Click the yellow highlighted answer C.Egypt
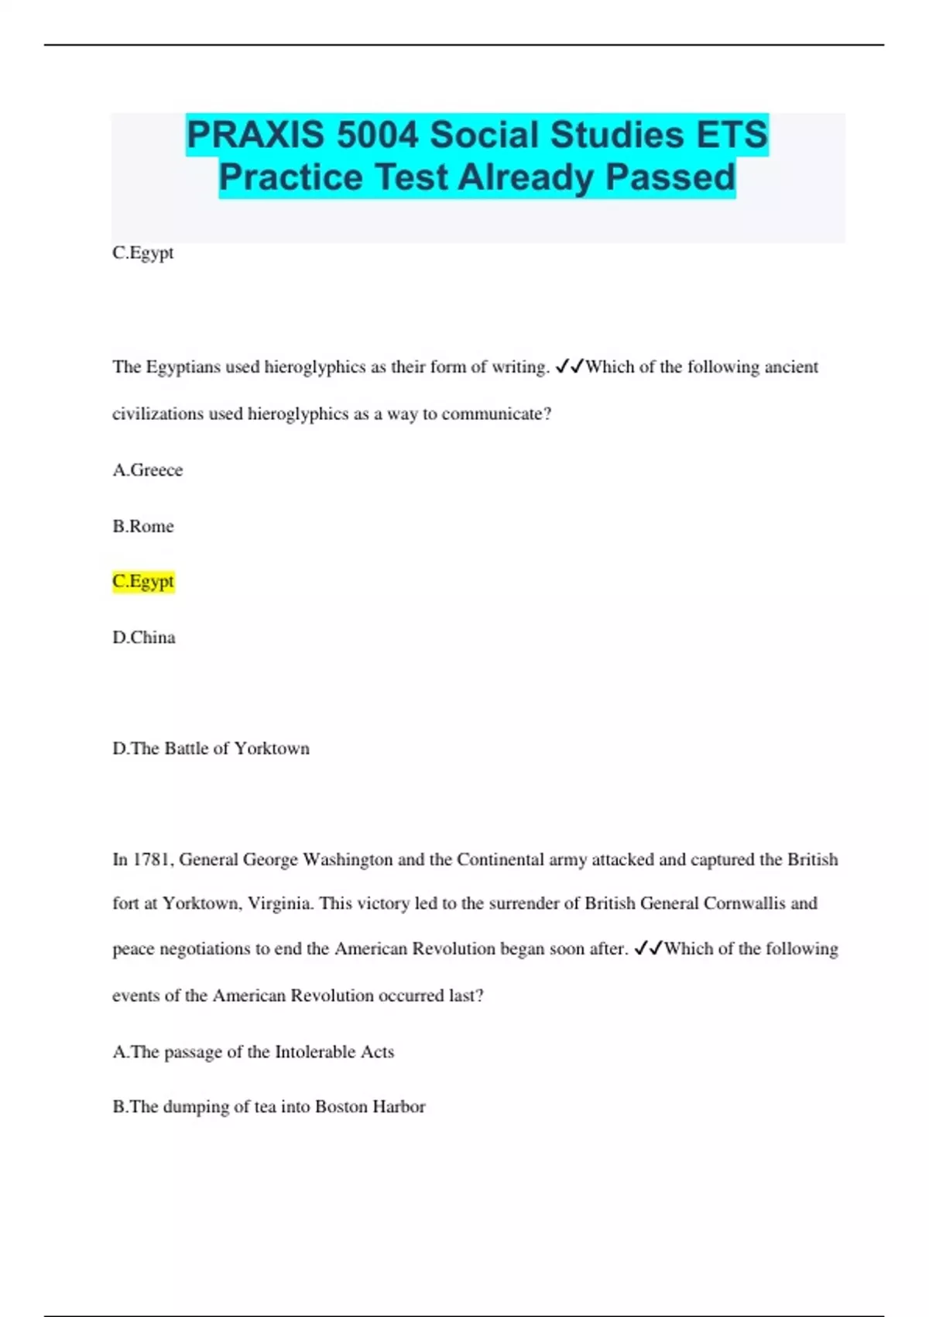pyautogui.click(x=143, y=581)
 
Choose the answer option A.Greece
pyautogui.click(x=148, y=470)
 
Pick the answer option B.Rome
pyautogui.click(x=143, y=526)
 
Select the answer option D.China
pyautogui.click(x=144, y=638)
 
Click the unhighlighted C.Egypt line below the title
pyautogui.click(x=143, y=253)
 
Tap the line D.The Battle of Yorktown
pyautogui.click(x=211, y=748)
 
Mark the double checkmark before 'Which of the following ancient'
pyautogui.click(x=570, y=366)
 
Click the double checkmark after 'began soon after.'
pyautogui.click(x=648, y=948)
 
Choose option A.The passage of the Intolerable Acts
pyautogui.click(x=253, y=1052)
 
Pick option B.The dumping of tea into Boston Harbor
pyautogui.click(x=269, y=1107)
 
